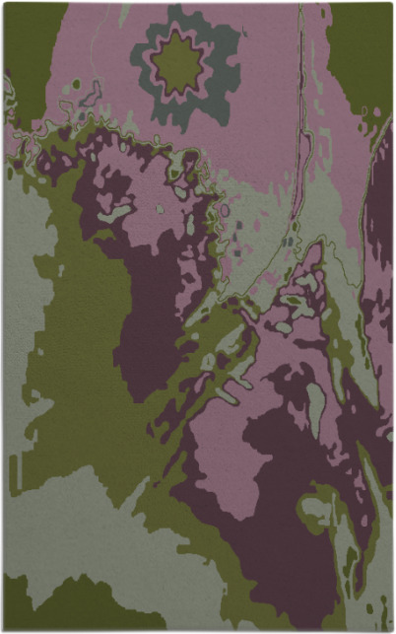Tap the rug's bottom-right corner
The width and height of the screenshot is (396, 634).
coord(391,629)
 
